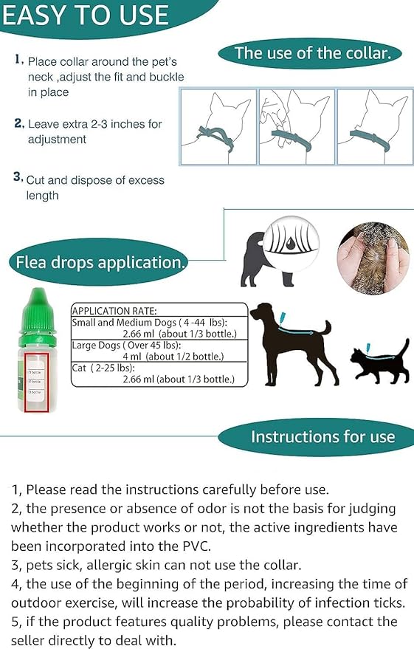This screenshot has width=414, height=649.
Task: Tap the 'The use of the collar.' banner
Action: [317, 53]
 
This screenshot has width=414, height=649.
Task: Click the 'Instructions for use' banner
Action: [322, 436]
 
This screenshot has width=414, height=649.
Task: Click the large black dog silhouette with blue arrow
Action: [292, 340]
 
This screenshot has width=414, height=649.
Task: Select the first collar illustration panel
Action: [218, 126]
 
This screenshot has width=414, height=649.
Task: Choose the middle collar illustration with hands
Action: [296, 126]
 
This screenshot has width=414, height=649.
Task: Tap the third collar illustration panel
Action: [373, 126]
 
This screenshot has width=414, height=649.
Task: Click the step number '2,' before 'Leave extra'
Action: [19, 123]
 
